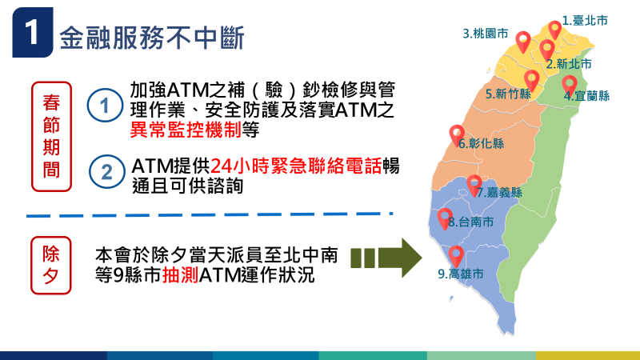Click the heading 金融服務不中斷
(x=151, y=36)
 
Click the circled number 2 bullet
(x=103, y=171)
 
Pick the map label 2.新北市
(x=569, y=63)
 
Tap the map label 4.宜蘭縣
(x=586, y=96)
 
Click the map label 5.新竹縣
(x=508, y=94)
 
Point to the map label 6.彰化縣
(x=482, y=144)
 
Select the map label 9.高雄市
(x=461, y=274)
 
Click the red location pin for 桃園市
(x=523, y=41)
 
